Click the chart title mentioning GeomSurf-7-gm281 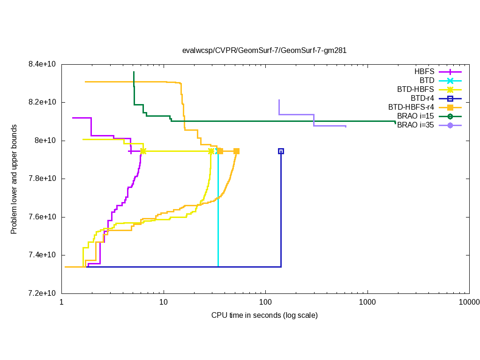tap(264, 51)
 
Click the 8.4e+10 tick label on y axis tap(42, 64)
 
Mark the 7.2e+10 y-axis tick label tap(42, 293)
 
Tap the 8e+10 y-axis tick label tap(45, 141)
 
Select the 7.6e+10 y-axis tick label tap(42, 217)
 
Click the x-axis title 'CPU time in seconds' tap(264, 315)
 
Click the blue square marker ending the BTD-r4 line tap(281, 151)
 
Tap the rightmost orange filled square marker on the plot tap(237, 151)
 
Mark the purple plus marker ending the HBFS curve tap(131, 151)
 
